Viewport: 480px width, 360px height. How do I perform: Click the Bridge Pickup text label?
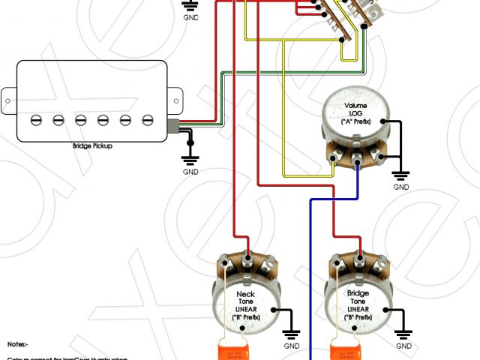coord(93,145)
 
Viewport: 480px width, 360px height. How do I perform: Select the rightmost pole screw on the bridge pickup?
coord(148,118)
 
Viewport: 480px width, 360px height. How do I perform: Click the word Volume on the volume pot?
coord(356,106)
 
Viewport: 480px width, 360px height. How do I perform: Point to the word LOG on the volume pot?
coord(357,114)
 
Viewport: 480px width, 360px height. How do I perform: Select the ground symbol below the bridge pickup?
coord(190,158)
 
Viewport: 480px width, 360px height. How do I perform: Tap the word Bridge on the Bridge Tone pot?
coord(358,294)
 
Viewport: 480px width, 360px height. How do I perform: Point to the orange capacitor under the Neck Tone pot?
coord(226,349)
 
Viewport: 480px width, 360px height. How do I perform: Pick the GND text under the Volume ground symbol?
coord(402,187)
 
